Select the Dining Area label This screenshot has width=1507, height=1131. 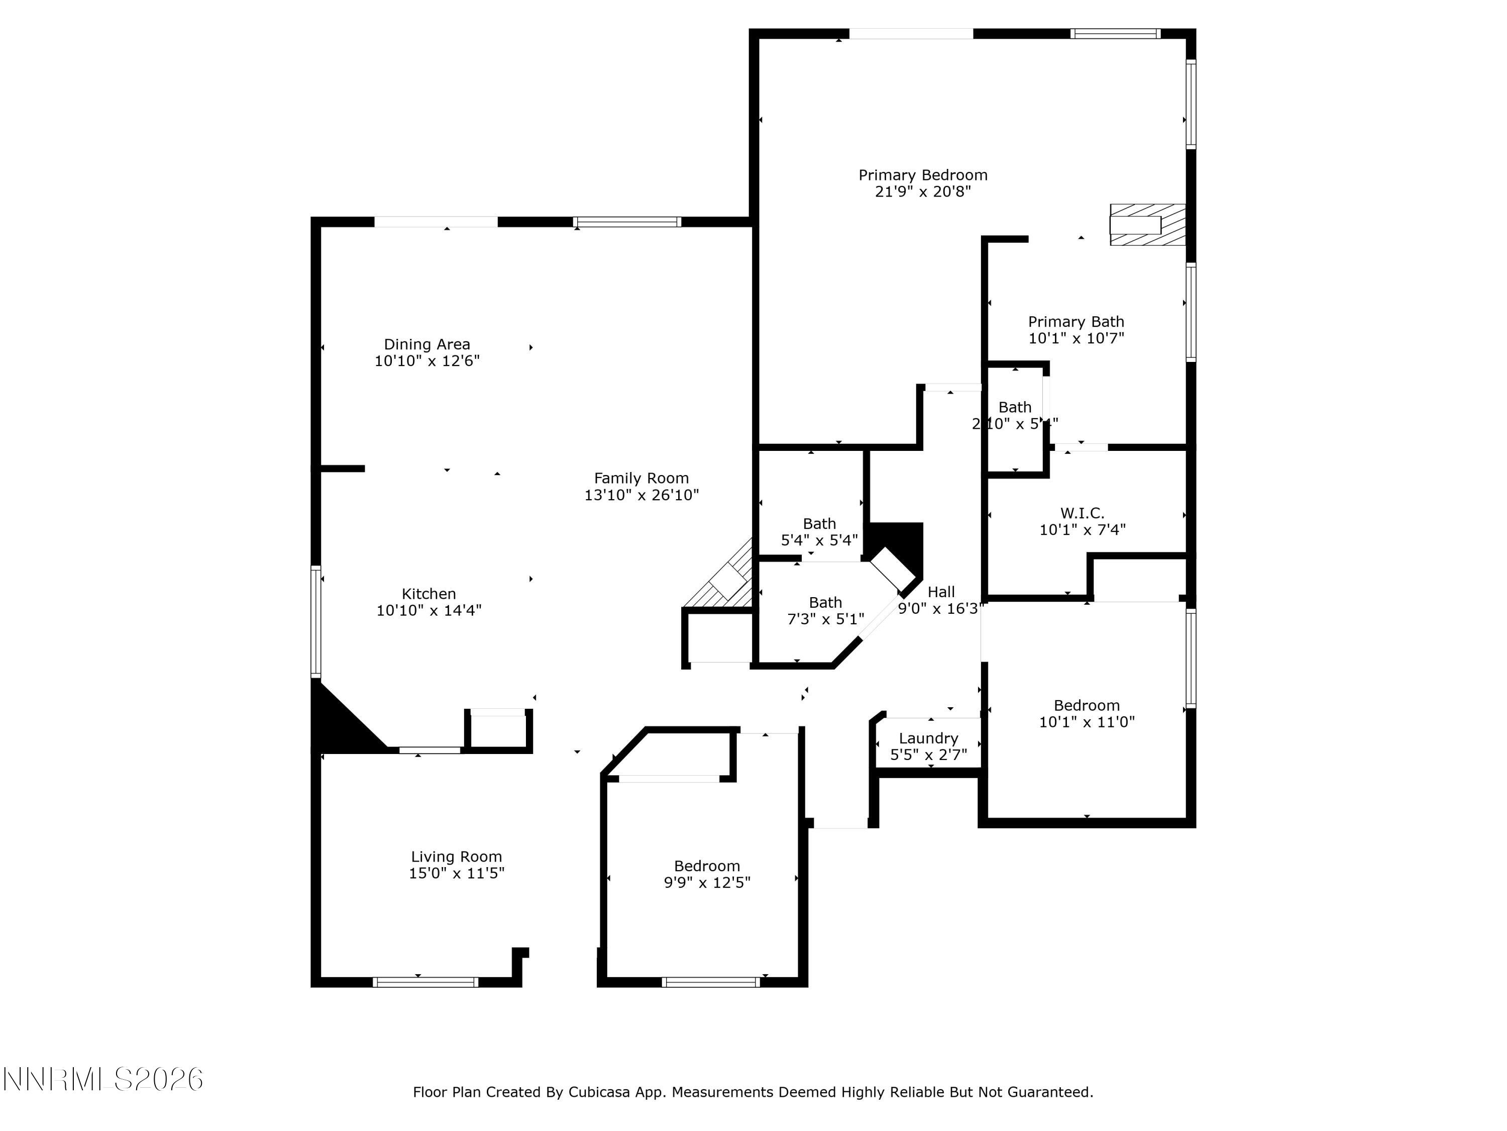pos(426,344)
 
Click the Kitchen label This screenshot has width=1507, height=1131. pos(428,594)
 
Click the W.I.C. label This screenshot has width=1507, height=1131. pos(1082,513)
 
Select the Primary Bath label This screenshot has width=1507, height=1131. pos(1076,322)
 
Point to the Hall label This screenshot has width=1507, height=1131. pos(941,592)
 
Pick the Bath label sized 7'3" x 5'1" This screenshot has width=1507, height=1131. pos(825,603)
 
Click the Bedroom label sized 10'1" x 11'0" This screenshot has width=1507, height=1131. pos(1086,706)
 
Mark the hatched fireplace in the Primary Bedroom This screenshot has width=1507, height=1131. pos(1147,225)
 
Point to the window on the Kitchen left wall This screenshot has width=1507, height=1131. pos(316,620)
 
